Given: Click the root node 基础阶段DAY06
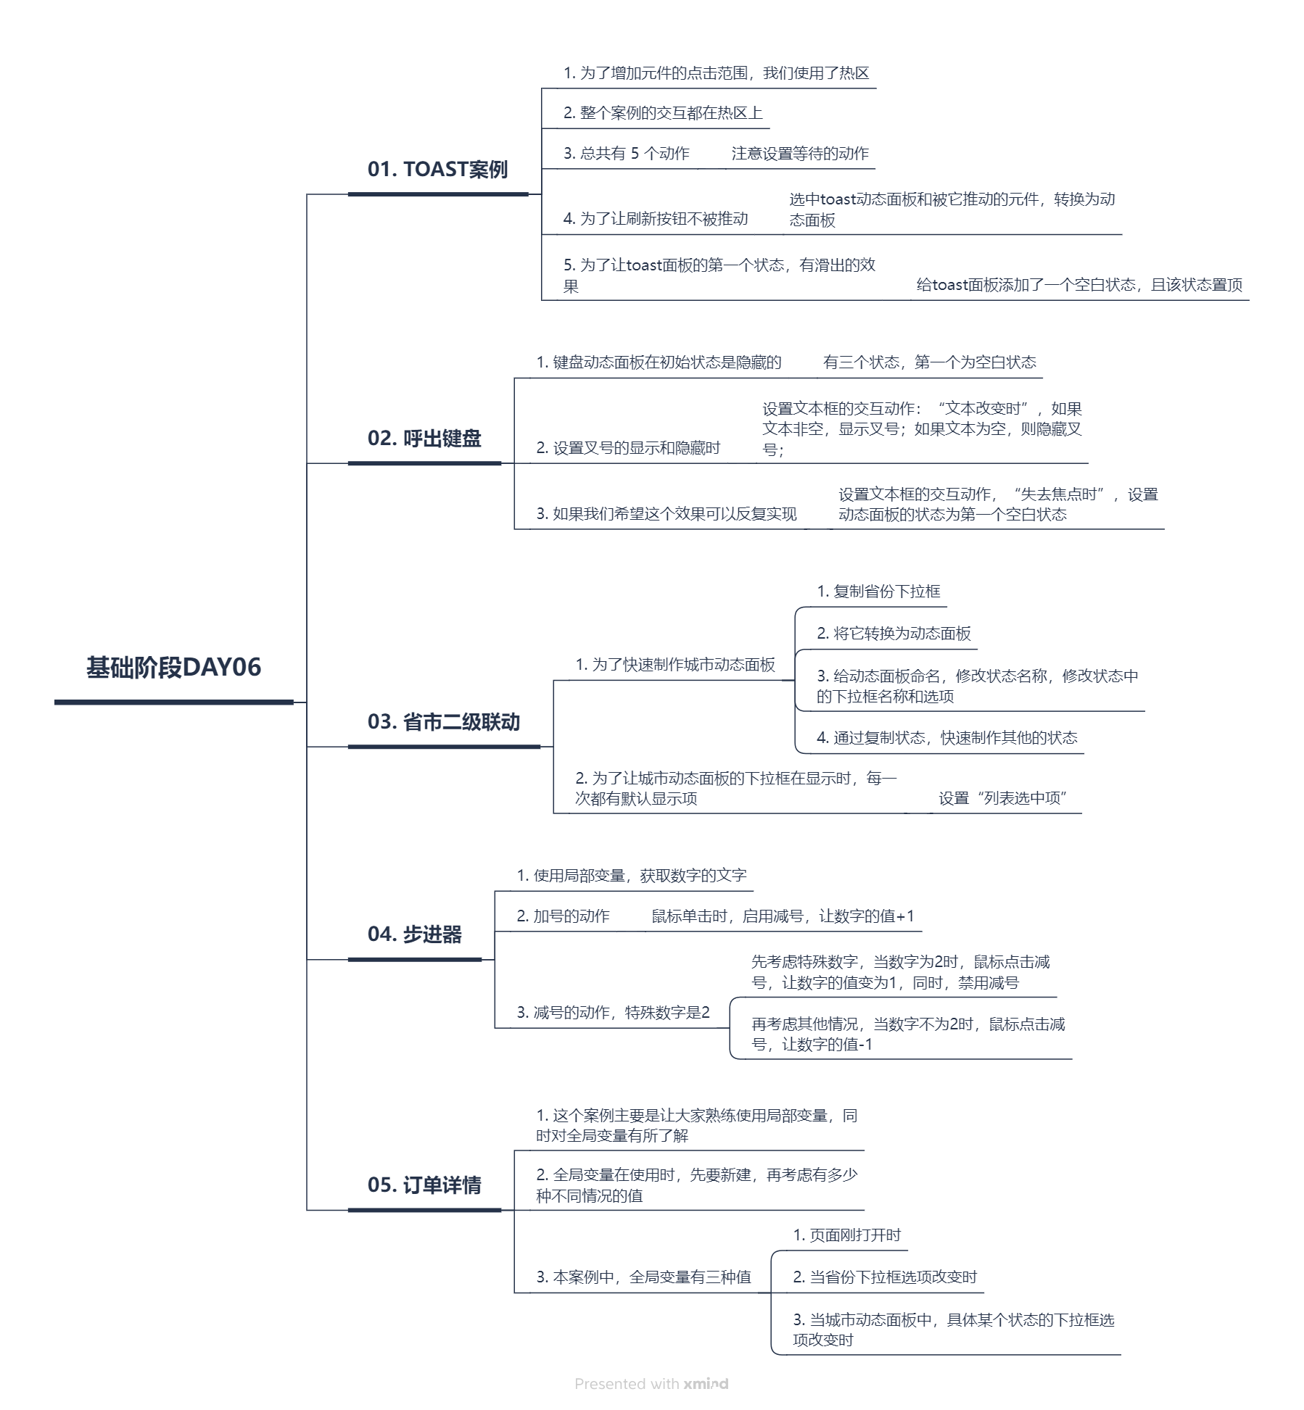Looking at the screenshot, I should [x=173, y=668].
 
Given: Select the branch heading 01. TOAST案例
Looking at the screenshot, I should [x=437, y=170].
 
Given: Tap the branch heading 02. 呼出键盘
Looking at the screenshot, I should [x=424, y=439].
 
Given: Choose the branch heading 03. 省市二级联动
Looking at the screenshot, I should [x=443, y=722].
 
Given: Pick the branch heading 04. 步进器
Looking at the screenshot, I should [x=414, y=934].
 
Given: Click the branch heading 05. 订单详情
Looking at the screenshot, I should [x=424, y=1185].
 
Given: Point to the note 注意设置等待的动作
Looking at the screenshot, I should [x=799, y=154].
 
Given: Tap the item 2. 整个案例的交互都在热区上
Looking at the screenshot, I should [x=663, y=113].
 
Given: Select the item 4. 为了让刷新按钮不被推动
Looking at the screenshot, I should [x=655, y=219].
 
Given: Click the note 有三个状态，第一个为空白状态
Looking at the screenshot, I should [x=929, y=362].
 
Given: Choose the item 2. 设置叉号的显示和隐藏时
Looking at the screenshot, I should [x=628, y=448].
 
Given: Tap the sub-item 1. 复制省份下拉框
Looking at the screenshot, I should [x=878, y=592].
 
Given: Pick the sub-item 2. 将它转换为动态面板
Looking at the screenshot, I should [x=894, y=634].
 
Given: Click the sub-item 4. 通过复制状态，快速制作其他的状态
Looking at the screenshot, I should [x=946, y=738].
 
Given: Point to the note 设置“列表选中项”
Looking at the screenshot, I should [x=1003, y=798].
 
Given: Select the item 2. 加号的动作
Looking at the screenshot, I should [x=563, y=916].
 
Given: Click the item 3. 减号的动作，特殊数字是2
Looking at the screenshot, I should [x=613, y=1013].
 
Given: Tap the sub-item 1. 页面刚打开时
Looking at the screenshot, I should [x=846, y=1235].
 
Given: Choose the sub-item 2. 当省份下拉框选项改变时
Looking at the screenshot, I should [x=885, y=1277].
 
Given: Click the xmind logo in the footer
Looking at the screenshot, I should [x=705, y=1384].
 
